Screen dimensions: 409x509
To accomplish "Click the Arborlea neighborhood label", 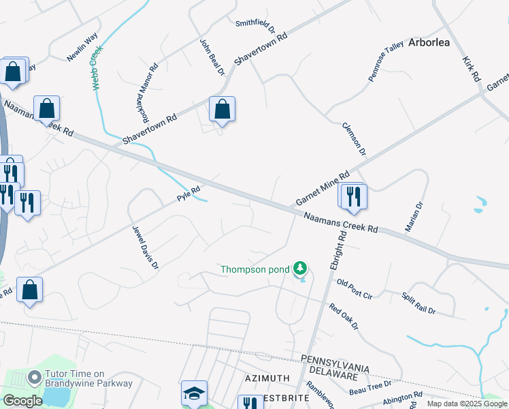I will coord(429,42).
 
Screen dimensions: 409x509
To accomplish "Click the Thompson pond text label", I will coord(255,269).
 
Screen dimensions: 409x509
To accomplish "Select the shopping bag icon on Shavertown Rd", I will coord(222,109).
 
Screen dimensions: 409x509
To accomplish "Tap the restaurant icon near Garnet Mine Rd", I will coord(353,196).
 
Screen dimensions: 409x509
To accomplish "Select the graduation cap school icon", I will coord(193,393).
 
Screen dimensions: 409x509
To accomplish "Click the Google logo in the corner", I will coord(22,401).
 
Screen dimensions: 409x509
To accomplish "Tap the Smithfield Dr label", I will coord(255,26).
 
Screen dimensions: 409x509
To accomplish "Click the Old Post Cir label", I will coord(355,288).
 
